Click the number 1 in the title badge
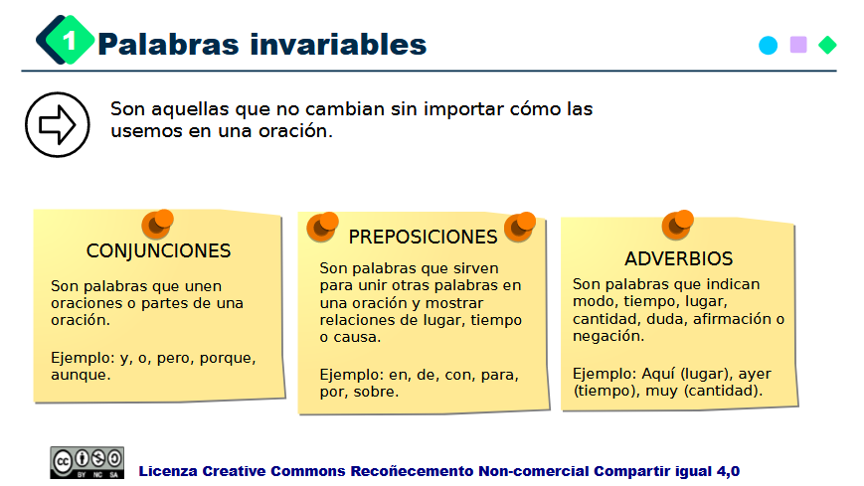[70, 41]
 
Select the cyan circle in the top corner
[768, 45]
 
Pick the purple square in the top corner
[797, 45]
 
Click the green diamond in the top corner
[827, 45]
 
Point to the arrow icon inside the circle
[58, 124]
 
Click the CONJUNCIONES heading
[158, 251]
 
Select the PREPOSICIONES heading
[423, 238]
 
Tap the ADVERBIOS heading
[678, 259]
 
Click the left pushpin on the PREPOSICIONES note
[321, 227]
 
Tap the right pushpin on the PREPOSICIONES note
[519, 227]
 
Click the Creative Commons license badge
[87, 462]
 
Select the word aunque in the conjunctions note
[80, 375]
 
